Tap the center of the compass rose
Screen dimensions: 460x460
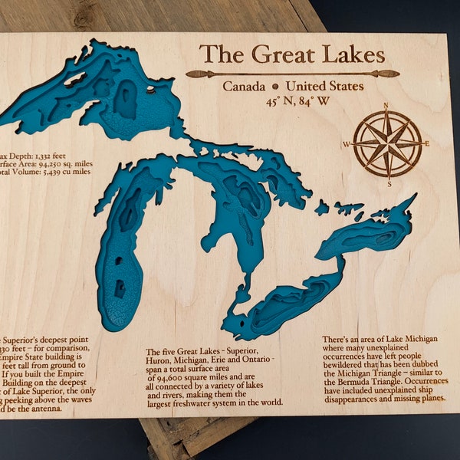pos(388,143)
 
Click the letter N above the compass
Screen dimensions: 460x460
pos(386,106)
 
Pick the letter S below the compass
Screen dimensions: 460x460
pos(389,183)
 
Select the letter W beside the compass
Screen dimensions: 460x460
pos(347,144)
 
